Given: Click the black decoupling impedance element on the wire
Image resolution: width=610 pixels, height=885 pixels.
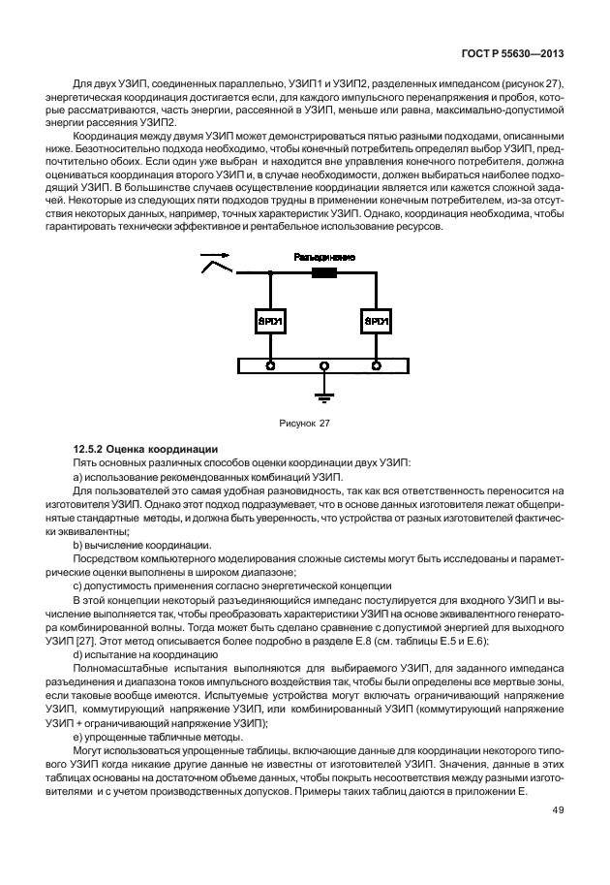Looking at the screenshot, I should tap(322, 274).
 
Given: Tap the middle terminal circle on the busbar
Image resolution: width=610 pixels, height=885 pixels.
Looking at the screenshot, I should tap(324, 365).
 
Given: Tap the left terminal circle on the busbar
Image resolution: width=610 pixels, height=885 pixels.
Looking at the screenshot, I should tap(270, 365).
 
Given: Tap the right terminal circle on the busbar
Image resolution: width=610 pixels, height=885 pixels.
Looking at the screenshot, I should tap(375, 365).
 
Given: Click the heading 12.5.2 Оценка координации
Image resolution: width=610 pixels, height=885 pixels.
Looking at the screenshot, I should tap(144, 449).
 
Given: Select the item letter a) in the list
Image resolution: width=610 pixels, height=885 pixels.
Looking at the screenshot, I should tap(78, 479).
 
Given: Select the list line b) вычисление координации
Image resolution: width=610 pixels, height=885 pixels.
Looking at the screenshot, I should tap(136, 546).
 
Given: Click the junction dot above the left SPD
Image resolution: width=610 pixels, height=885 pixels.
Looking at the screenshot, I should tap(270, 274).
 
